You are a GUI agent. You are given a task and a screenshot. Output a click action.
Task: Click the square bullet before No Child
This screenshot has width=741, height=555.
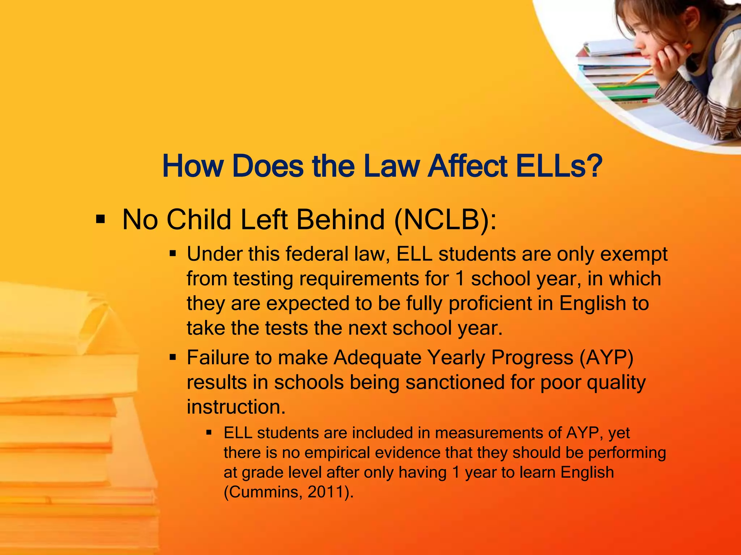coord(100,219)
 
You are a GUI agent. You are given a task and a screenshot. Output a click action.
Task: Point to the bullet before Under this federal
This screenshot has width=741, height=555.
coord(173,254)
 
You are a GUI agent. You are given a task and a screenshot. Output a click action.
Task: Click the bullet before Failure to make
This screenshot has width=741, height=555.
coord(173,358)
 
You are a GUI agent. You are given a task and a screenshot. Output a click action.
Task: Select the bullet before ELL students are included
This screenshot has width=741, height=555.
coord(209,432)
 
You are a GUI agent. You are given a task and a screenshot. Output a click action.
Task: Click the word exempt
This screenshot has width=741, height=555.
coord(634,254)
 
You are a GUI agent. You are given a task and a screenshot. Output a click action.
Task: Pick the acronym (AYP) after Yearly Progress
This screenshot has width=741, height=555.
coord(606,358)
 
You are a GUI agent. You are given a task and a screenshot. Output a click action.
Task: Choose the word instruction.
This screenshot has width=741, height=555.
coord(236,407)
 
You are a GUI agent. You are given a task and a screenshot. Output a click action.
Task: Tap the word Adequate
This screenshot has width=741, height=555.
coord(377,358)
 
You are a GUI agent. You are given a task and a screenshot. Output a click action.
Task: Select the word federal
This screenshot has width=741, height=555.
coord(317,254)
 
